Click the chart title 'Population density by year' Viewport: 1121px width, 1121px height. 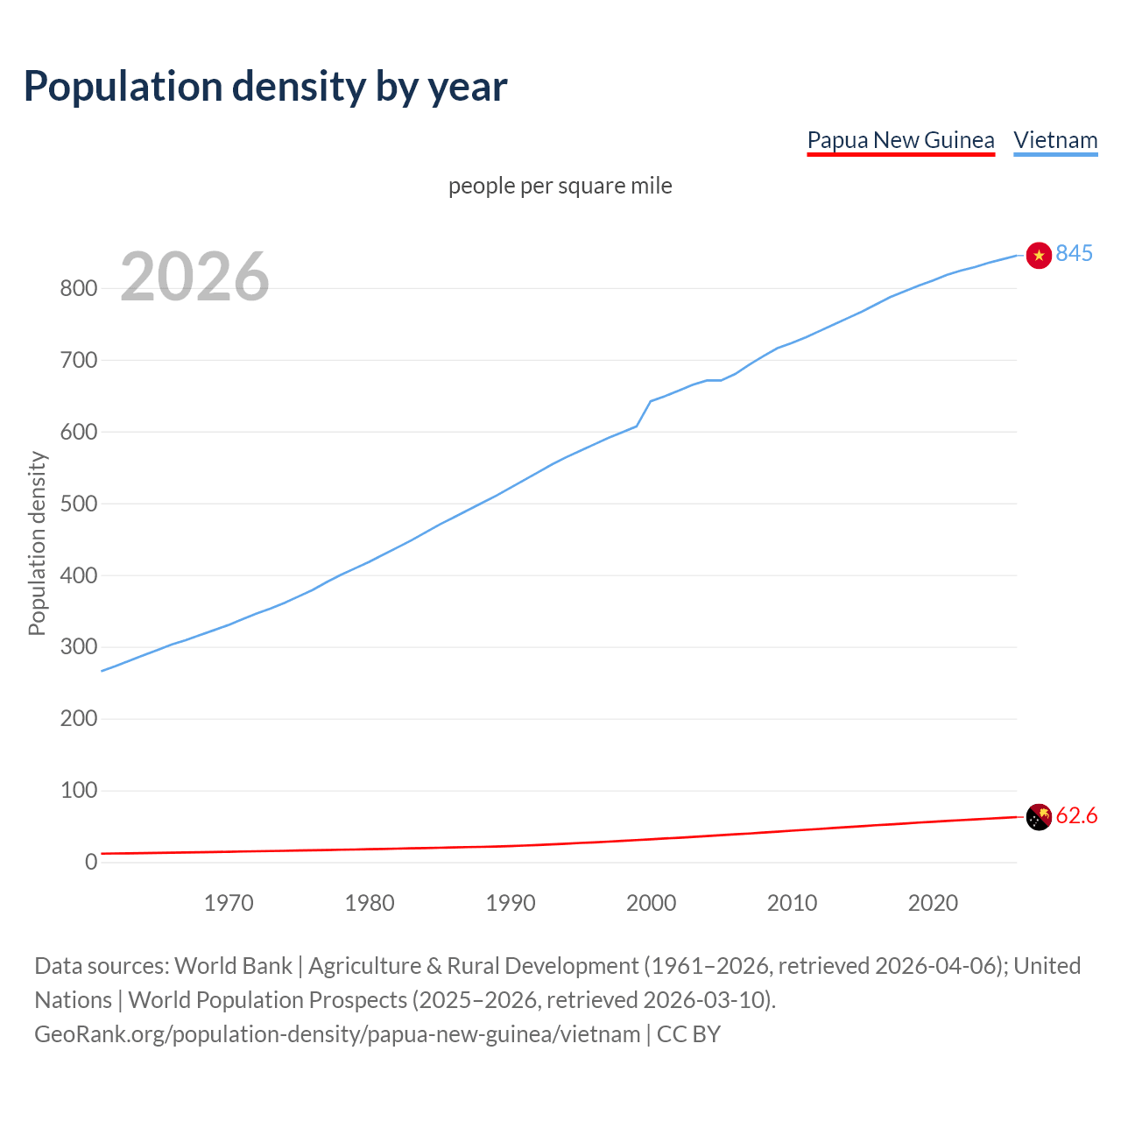pyautogui.click(x=265, y=87)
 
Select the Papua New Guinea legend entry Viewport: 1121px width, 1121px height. pyautogui.click(x=900, y=140)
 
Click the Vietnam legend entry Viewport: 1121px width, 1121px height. pyautogui.click(x=1055, y=140)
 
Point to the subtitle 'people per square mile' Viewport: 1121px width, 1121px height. pyautogui.click(x=560, y=186)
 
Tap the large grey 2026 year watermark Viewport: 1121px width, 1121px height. pyautogui.click(x=194, y=277)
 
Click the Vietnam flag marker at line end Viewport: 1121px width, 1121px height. pyautogui.click(x=1038, y=255)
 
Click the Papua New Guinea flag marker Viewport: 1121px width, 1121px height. pyautogui.click(x=1038, y=816)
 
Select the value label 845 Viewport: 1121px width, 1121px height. pyautogui.click(x=1074, y=253)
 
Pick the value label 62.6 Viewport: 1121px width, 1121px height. pyautogui.click(x=1076, y=816)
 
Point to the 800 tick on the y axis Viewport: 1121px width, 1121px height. pyautogui.click(x=78, y=288)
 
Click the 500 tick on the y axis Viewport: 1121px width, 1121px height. pyautogui.click(x=78, y=504)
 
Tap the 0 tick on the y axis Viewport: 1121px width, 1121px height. pyautogui.click(x=91, y=862)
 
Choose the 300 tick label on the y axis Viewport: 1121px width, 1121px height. pyautogui.click(x=78, y=647)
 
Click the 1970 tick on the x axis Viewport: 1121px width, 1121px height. pyautogui.click(x=229, y=903)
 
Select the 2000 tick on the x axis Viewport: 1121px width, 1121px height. pyautogui.click(x=651, y=903)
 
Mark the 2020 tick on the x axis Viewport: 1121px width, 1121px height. pyautogui.click(x=933, y=903)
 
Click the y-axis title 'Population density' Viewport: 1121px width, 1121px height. pyautogui.click(x=37, y=543)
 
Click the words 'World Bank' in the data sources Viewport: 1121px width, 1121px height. pyautogui.click(x=233, y=966)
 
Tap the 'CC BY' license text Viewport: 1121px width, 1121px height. pyautogui.click(x=688, y=1034)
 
